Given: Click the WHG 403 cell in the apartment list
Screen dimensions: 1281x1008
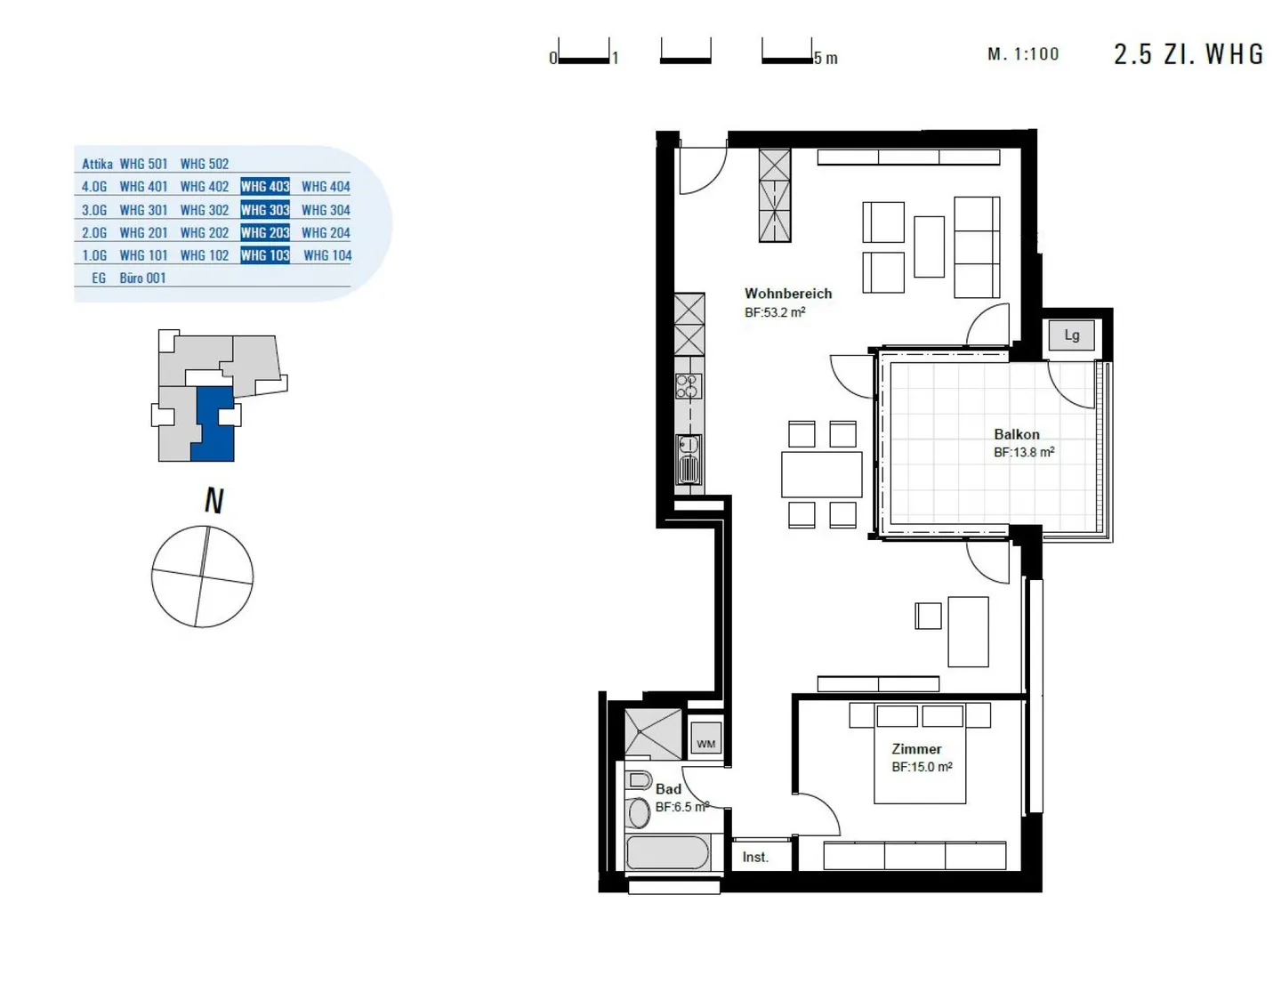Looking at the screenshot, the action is point(265,186).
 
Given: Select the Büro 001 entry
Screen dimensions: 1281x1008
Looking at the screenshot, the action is point(142,278).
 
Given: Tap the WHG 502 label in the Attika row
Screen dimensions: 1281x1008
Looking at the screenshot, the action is point(205,164).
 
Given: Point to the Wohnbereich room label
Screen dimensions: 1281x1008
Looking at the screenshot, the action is point(787,294).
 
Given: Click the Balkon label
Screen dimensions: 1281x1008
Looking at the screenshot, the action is point(1016,434).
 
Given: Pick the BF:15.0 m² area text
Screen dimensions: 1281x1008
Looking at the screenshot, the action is point(922,767).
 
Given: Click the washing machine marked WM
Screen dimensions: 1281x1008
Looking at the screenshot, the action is point(705,740).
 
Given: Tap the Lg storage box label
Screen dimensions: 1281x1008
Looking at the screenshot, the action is point(1071,335).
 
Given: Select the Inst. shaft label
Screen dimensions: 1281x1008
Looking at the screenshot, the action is point(755,857).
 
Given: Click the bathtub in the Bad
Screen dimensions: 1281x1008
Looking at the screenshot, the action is point(667,852).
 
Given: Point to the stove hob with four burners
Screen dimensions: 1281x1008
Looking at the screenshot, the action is point(689,386).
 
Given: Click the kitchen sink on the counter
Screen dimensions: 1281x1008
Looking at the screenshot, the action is point(689,460).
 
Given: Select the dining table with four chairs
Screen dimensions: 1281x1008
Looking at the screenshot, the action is point(821,474).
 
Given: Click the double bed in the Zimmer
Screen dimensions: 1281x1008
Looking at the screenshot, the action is point(920,754).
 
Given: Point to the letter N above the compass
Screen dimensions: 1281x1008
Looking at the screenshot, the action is point(214,500).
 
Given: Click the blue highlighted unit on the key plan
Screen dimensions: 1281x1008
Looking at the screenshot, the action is point(214,423).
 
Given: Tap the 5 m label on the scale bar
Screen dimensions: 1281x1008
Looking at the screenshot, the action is point(826,59).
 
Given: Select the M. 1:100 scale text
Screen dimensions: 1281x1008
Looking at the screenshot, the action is point(1023,54).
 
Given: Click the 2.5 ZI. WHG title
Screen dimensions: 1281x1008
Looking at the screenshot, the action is point(1188,54).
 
